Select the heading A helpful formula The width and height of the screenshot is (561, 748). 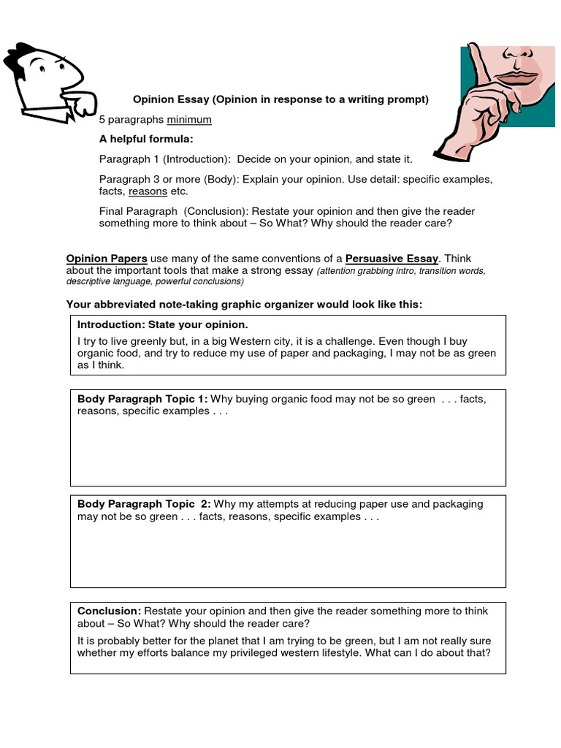click(146, 140)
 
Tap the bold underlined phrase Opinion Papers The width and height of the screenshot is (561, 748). click(107, 259)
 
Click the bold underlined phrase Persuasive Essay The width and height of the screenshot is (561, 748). click(392, 259)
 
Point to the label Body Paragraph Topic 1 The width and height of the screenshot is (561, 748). click(142, 399)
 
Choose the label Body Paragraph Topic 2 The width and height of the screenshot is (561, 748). click(144, 504)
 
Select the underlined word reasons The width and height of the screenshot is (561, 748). click(148, 191)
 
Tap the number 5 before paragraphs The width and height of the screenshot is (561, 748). click(102, 120)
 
